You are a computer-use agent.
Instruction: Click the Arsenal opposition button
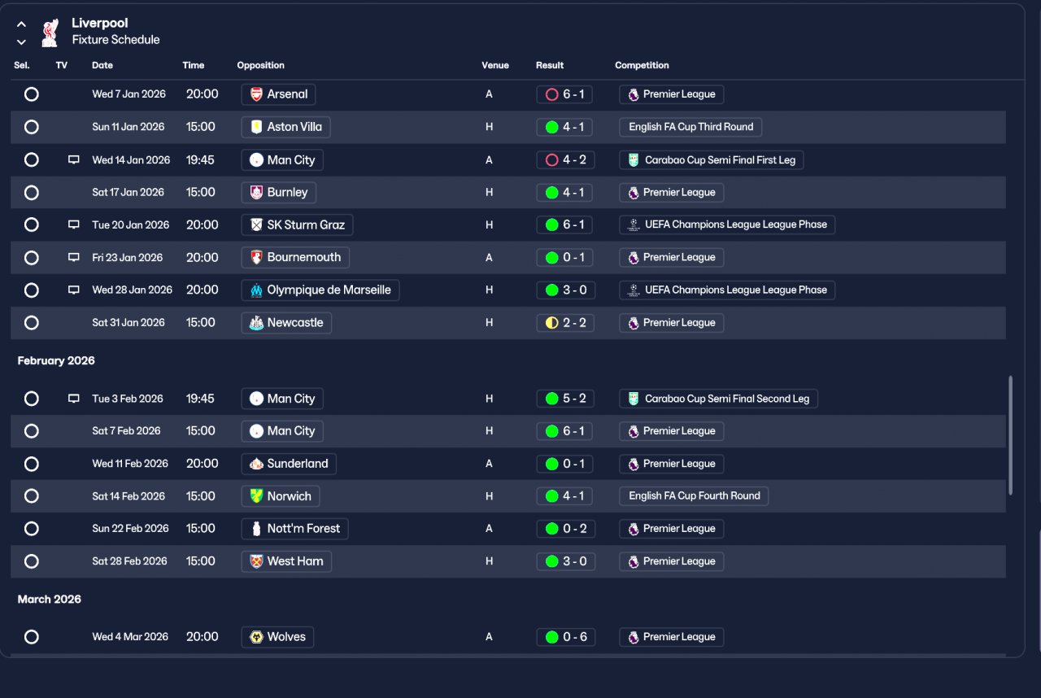click(x=278, y=94)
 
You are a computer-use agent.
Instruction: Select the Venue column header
click(x=495, y=65)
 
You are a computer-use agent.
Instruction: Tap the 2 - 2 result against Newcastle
click(x=565, y=322)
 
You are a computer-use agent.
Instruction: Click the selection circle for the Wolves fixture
click(x=32, y=637)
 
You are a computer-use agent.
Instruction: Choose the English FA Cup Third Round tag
click(x=690, y=127)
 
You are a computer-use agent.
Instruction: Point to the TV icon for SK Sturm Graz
click(x=73, y=225)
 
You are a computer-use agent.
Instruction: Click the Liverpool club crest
click(x=50, y=33)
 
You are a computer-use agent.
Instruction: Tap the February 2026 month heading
click(x=56, y=360)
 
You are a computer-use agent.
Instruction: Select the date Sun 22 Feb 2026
click(x=130, y=528)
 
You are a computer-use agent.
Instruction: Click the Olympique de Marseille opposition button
click(x=320, y=290)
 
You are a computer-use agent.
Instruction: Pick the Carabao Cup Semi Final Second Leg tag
click(x=718, y=399)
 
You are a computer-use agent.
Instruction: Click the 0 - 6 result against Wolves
click(x=565, y=637)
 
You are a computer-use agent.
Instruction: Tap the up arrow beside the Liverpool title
click(x=21, y=24)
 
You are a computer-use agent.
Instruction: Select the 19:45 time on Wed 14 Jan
click(x=200, y=160)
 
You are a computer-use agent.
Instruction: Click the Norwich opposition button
click(x=281, y=496)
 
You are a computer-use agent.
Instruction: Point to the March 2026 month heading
click(x=50, y=600)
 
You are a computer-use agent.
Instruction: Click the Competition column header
click(x=642, y=65)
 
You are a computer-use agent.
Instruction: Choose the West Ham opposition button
click(x=286, y=561)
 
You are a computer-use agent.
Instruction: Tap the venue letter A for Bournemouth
click(x=489, y=257)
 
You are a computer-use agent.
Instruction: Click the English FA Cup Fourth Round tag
click(x=694, y=496)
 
